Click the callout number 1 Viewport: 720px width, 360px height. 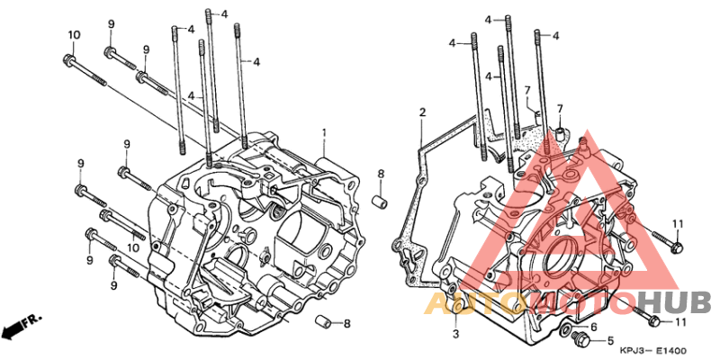[x=324, y=133]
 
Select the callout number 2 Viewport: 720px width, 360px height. [x=421, y=112]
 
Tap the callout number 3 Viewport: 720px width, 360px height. [x=455, y=334]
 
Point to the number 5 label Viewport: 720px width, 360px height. [x=609, y=341]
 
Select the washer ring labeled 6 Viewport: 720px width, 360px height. [x=564, y=334]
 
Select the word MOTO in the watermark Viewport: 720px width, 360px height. [x=568, y=303]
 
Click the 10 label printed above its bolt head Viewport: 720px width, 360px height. [x=74, y=35]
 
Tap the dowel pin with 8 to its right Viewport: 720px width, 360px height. [x=320, y=321]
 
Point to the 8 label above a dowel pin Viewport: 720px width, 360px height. [x=381, y=173]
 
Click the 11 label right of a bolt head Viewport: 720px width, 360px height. [x=680, y=321]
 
